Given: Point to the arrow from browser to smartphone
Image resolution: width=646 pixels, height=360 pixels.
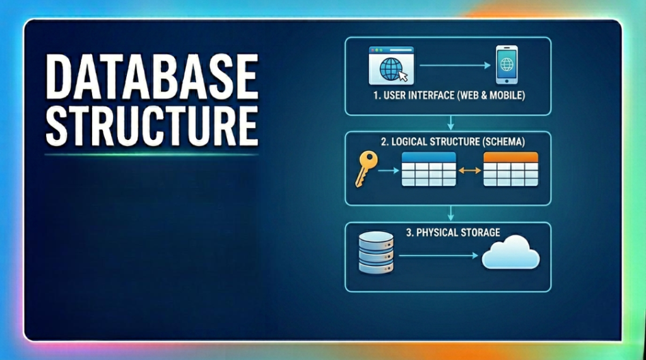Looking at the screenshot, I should (455, 65).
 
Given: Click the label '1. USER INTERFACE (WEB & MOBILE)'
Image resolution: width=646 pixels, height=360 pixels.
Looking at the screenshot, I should (449, 97).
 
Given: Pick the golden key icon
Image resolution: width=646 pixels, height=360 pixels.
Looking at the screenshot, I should (365, 169).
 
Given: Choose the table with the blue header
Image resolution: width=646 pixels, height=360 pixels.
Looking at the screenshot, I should (428, 169).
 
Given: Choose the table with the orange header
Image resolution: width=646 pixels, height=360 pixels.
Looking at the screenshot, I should (510, 169).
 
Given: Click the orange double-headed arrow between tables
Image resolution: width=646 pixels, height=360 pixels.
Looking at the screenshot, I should (469, 170).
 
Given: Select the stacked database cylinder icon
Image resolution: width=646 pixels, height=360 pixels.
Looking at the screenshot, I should (375, 252).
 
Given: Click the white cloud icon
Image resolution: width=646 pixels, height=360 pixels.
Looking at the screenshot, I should (510, 253).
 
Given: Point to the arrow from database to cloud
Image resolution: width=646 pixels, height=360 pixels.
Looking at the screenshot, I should (438, 255).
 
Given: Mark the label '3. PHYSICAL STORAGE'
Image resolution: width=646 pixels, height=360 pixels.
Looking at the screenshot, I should (452, 233).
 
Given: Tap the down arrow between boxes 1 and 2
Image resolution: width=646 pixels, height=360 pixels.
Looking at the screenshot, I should (449, 123).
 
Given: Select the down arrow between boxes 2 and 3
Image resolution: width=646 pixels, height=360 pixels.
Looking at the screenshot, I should (449, 212).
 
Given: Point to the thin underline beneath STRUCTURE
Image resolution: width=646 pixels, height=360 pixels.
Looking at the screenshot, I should (152, 154).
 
